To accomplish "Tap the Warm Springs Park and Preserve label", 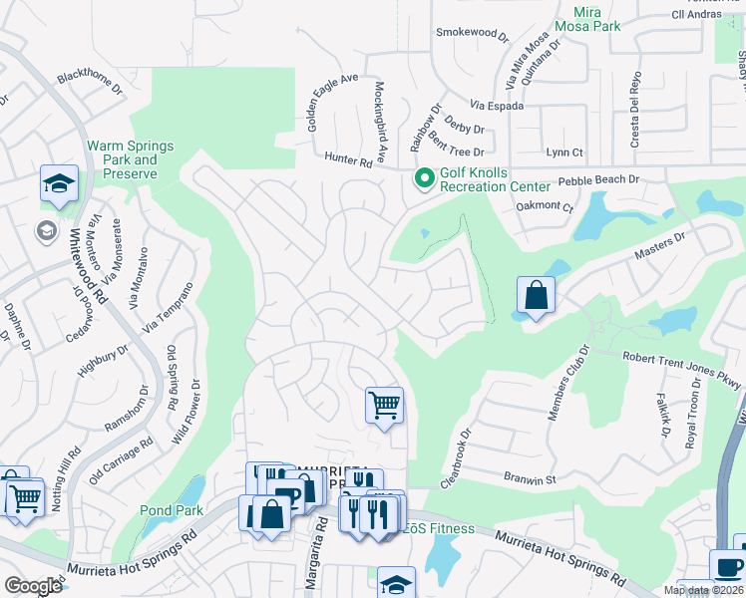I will click(x=130, y=159).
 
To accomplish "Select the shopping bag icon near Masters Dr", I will click(x=536, y=295).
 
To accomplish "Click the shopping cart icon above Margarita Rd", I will click(x=384, y=405).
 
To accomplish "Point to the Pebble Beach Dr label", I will click(x=597, y=181).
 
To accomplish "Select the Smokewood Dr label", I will click(x=473, y=33).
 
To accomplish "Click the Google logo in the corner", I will click(x=32, y=585).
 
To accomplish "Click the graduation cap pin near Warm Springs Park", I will click(x=59, y=183).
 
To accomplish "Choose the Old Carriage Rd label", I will click(x=121, y=460).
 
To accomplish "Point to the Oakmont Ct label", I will click(x=545, y=207).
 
